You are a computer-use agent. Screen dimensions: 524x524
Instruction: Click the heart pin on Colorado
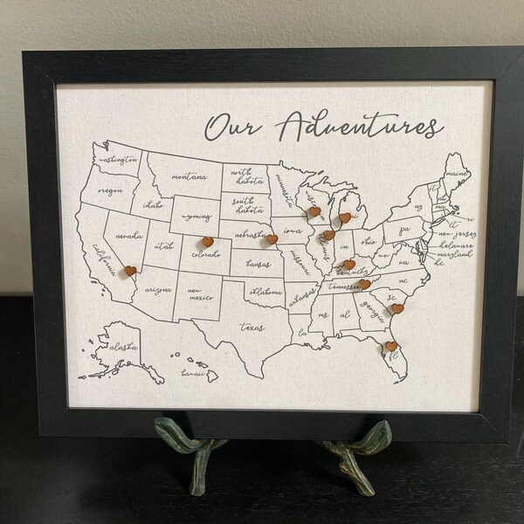click(x=207, y=242)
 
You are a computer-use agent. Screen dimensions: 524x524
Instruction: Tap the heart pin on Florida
click(x=390, y=347)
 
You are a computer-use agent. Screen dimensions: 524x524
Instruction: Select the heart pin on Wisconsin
click(x=314, y=210)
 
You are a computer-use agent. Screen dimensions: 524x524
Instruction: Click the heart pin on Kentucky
click(x=348, y=264)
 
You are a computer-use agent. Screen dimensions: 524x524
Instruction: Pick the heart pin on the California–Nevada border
click(x=130, y=271)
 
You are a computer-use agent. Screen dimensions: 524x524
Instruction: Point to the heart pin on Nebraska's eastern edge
click(x=272, y=238)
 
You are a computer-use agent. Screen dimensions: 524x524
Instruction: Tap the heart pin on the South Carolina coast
click(x=396, y=308)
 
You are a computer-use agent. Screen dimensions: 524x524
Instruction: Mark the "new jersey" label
click(x=455, y=234)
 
